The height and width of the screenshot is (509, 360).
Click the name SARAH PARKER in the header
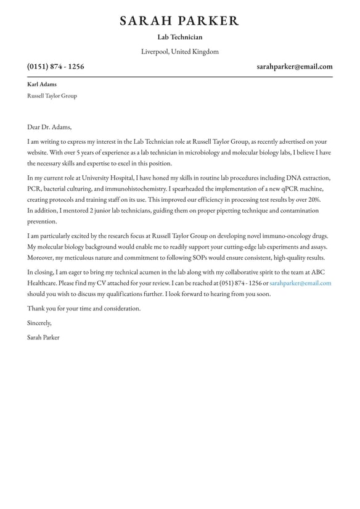click(x=179, y=21)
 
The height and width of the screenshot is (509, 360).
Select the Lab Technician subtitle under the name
click(x=179, y=37)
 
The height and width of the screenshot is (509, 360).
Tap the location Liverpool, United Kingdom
click(x=179, y=52)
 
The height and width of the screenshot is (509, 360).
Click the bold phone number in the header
click(x=55, y=67)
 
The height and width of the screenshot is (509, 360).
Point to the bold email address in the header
click(x=295, y=67)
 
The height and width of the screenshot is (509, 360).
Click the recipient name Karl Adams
click(x=42, y=85)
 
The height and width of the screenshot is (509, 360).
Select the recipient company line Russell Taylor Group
click(x=52, y=96)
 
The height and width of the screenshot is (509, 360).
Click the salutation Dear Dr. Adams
click(x=49, y=127)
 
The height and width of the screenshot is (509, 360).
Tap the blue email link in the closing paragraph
click(x=300, y=283)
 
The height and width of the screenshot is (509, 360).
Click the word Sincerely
click(x=39, y=323)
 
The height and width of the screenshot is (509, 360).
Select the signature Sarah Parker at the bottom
click(x=43, y=337)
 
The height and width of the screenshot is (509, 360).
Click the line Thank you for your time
click(x=84, y=308)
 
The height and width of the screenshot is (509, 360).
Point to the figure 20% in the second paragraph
click(x=314, y=200)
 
